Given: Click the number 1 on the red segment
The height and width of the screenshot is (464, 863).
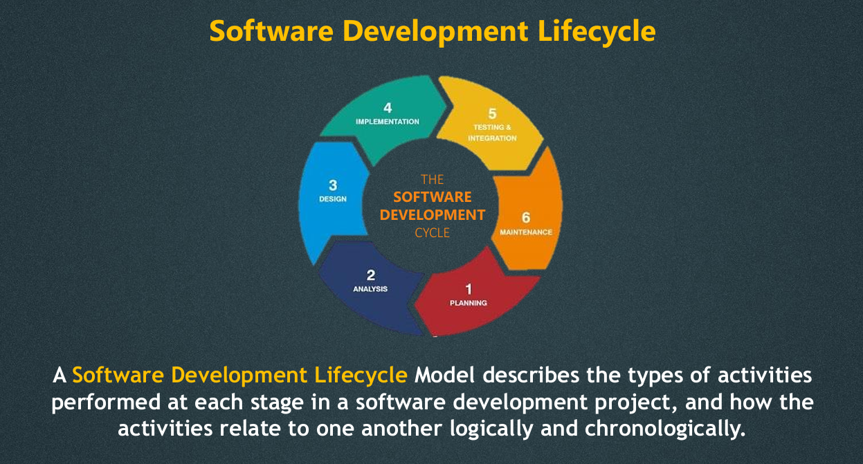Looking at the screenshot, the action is pos(469,289).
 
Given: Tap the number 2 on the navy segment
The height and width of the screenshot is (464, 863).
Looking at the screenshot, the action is pos(371,275).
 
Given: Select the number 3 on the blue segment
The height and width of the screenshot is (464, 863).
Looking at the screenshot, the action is pos(334,185).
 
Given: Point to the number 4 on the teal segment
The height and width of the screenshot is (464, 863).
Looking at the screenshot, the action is pos(388,108).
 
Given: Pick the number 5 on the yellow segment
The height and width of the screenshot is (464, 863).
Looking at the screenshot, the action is pos(492,113).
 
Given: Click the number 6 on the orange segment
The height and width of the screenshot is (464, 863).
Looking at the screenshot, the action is pos(526,218).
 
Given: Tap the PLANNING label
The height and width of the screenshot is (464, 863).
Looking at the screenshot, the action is pos(469,303).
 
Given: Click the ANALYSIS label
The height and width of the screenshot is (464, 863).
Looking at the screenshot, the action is pos(370,289).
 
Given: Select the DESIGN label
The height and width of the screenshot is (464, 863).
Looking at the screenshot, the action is pos(333,199).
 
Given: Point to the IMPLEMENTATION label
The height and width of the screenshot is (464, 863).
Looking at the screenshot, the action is pos(388,122).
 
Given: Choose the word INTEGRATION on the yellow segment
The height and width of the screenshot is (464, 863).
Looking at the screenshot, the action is pos(492,138).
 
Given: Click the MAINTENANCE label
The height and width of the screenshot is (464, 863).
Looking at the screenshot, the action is pos(526,232).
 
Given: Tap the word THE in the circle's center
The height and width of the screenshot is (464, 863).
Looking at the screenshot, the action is pos(433,179).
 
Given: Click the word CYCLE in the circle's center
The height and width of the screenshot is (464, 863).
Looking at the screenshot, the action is pos(433,233).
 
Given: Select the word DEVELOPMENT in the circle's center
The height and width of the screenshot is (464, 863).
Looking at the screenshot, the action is pos(433,215).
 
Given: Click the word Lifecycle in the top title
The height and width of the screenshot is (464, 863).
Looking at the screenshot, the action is pos(597,32).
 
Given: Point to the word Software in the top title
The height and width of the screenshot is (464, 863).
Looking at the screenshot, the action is pos(271,31).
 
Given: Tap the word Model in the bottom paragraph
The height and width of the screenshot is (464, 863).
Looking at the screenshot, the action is pos(444,375).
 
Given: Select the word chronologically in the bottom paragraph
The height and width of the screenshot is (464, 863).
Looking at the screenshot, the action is pos(665,429).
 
